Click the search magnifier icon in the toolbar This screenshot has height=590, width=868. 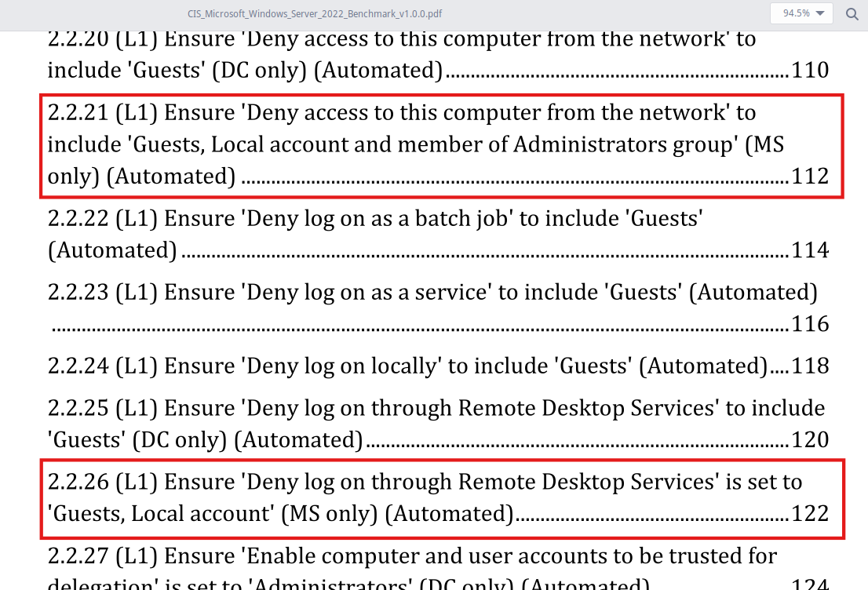point(852,14)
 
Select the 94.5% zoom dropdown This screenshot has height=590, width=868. point(801,13)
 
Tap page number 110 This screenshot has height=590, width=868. point(810,71)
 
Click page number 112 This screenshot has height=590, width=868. point(810,177)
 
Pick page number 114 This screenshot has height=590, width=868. point(810,250)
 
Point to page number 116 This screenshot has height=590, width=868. point(810,324)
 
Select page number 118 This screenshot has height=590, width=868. point(810,366)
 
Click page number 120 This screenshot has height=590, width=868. point(810,440)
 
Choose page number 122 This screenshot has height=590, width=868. point(810,514)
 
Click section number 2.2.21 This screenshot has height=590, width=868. point(78,113)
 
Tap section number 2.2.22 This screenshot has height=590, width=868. point(78,218)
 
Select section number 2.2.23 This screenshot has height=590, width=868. point(78,293)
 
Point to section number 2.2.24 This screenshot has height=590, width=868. point(78,366)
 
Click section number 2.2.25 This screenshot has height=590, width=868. point(78,409)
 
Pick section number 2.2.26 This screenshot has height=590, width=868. point(78,482)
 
